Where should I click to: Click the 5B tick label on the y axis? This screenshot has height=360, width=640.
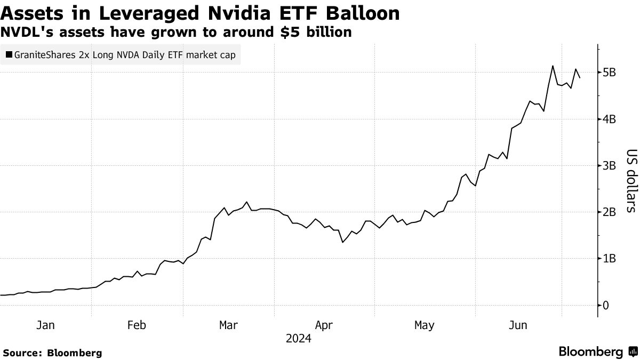pyautogui.click(x=610, y=73)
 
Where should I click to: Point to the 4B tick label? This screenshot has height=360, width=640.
pyautogui.click(x=610, y=119)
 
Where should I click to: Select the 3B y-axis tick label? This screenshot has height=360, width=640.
pyautogui.click(x=610, y=165)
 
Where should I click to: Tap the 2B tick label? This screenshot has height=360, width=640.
pyautogui.click(x=610, y=212)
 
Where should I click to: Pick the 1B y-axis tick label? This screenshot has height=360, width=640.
pyautogui.click(x=610, y=259)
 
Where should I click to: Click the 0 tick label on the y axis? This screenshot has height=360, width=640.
pyautogui.click(x=605, y=305)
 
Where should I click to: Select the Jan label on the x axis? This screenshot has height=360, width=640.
pyautogui.click(x=45, y=325)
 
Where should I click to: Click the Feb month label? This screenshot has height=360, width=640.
pyautogui.click(x=137, y=325)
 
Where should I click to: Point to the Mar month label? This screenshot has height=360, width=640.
pyautogui.click(x=229, y=325)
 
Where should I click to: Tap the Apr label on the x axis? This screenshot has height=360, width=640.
pyautogui.click(x=324, y=325)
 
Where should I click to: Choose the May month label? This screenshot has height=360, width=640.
pyautogui.click(x=424, y=325)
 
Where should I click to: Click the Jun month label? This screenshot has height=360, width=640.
pyautogui.click(x=518, y=325)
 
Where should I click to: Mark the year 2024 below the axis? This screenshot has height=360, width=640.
pyautogui.click(x=299, y=339)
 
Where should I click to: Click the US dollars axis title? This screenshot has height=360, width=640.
pyautogui.click(x=630, y=180)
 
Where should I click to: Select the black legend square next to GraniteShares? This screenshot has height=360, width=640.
pyautogui.click(x=10, y=54)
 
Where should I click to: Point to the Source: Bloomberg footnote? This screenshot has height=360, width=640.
pyautogui.click(x=52, y=353)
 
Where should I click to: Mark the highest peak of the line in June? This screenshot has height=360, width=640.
pyautogui.click(x=553, y=66)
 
